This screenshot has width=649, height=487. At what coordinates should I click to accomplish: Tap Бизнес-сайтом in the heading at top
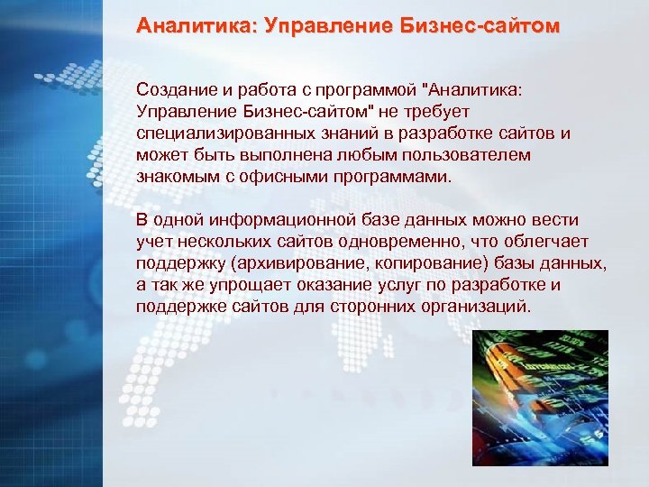click(478, 27)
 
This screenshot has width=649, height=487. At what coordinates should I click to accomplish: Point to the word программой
click(376, 90)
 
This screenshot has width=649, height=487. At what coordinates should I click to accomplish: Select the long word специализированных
click(218, 133)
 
